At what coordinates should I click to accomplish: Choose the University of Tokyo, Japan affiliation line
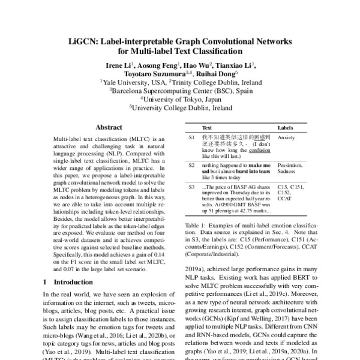coord(179,100)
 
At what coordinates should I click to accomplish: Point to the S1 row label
coord(191,137)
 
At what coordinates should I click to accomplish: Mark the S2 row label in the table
coord(191,164)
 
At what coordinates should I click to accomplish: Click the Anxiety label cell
coord(287,137)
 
